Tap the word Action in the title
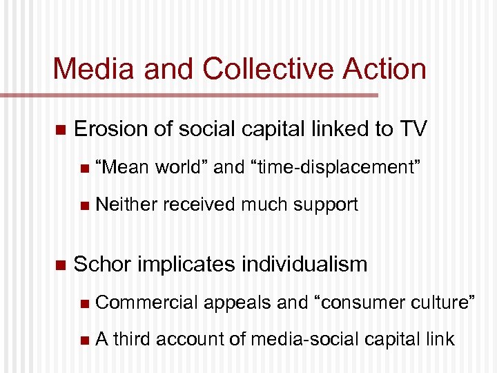[x=382, y=68]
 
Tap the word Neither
[x=126, y=204]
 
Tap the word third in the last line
[x=133, y=339]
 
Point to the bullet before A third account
[x=84, y=340]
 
